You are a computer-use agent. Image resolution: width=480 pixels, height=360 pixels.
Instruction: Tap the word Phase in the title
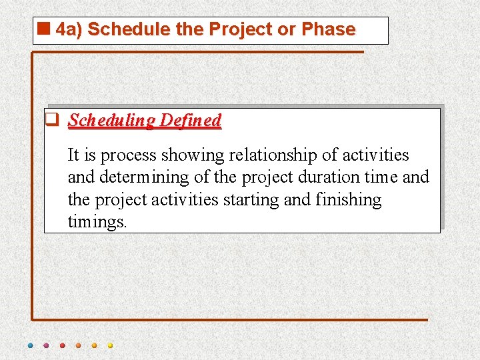[x=328, y=30]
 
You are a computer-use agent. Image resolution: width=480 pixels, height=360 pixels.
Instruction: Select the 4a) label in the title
[x=69, y=30]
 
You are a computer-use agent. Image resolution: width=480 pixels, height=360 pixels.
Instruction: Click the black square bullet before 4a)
[x=45, y=29]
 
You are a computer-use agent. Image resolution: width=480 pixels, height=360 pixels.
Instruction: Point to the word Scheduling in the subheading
[x=111, y=121]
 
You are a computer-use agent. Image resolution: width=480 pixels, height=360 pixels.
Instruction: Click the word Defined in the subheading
[x=191, y=121]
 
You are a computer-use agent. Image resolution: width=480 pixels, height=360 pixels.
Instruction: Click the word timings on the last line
[x=97, y=221]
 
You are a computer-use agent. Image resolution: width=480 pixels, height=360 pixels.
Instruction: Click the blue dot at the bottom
[x=30, y=345]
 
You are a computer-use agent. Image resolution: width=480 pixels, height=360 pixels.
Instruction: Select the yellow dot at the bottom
[x=110, y=345]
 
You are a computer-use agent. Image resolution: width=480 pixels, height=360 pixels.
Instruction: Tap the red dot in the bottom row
[x=62, y=345]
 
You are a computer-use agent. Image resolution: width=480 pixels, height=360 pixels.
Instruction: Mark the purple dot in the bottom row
[x=46, y=345]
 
